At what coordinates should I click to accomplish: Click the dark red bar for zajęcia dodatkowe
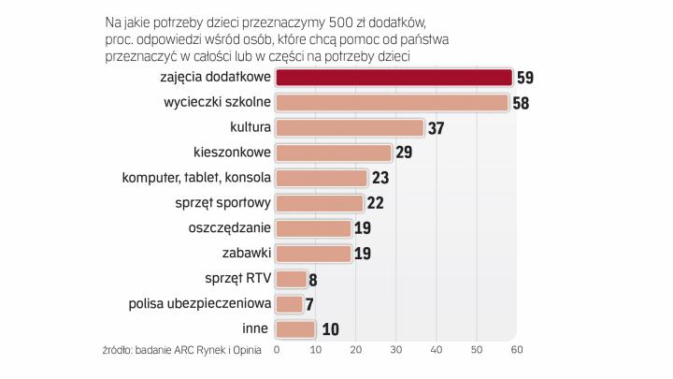click(394, 78)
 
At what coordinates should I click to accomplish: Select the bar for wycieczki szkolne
click(393, 103)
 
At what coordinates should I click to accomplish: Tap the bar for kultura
click(351, 128)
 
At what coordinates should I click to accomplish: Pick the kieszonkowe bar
click(334, 153)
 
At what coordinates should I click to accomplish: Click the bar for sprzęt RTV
click(292, 278)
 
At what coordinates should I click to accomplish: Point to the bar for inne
click(296, 328)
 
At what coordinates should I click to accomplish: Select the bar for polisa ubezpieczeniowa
click(290, 303)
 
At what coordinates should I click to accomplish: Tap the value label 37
click(437, 129)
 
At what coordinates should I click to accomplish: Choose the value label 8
click(314, 279)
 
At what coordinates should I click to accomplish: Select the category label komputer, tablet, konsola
click(197, 177)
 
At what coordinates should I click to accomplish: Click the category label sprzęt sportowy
click(222, 202)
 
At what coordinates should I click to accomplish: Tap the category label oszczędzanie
click(228, 227)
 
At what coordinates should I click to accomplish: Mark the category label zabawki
click(248, 253)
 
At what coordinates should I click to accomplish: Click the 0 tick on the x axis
click(277, 350)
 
